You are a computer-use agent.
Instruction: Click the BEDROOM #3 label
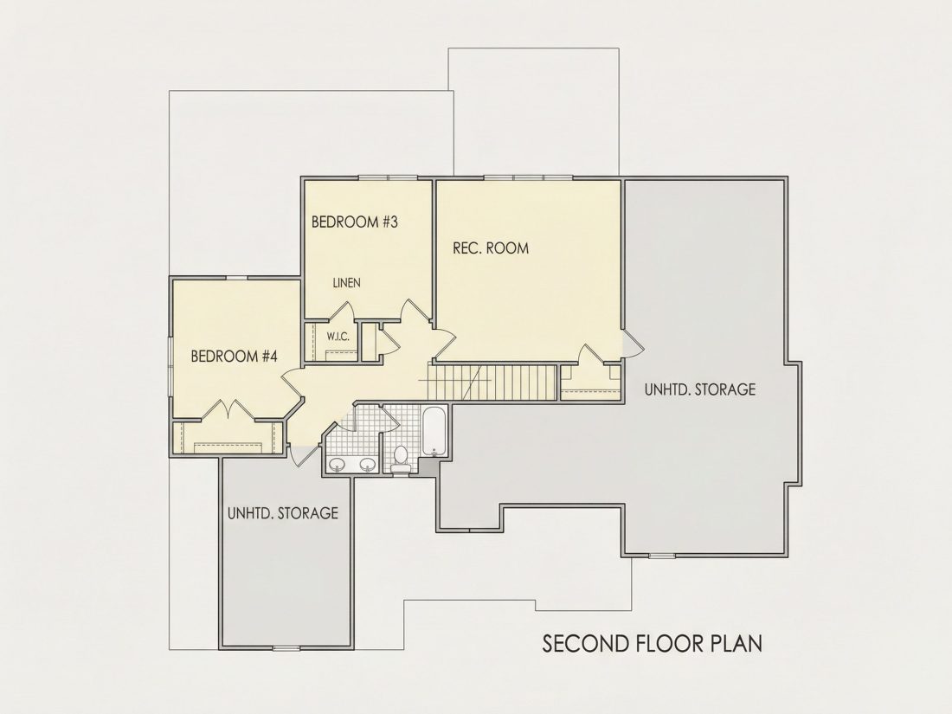(355, 222)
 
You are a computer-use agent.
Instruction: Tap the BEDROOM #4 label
(234, 356)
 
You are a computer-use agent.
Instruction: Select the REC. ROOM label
(491, 248)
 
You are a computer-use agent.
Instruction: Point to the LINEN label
(347, 282)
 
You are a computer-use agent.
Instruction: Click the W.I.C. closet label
(338, 337)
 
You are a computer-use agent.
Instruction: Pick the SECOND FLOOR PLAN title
(652, 644)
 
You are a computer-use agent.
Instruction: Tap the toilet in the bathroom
(401, 459)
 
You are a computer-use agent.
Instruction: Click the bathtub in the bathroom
(434, 432)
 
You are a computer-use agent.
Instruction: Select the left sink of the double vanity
(337, 465)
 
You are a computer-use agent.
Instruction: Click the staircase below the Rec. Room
(493, 382)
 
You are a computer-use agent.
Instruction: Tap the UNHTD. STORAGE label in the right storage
(700, 389)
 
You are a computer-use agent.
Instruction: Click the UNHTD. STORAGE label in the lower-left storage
(283, 513)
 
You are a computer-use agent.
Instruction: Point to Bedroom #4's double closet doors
(228, 409)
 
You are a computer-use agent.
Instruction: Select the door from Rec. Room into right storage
(633, 343)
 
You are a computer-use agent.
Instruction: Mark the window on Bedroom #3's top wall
(388, 177)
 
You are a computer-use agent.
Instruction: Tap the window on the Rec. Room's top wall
(528, 177)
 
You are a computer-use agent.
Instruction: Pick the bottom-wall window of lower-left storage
(286, 648)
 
